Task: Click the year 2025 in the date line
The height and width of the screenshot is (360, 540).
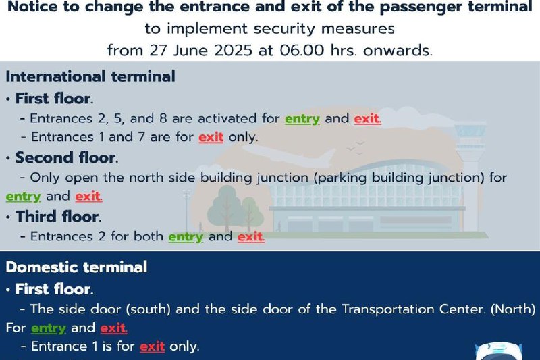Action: point(233,50)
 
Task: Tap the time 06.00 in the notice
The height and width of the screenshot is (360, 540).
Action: point(302,50)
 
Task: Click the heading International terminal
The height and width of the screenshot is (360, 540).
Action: point(90,76)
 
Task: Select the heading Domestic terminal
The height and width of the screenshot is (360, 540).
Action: point(76,267)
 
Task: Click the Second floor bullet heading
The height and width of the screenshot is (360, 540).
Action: point(67,157)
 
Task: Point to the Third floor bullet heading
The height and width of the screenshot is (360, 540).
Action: point(59,216)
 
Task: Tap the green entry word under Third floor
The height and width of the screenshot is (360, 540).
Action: point(186,237)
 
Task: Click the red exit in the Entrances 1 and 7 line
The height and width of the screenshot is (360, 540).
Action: point(211,137)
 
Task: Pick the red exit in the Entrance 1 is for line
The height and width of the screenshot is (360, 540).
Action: point(153,346)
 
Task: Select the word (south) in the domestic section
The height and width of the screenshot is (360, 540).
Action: point(148,309)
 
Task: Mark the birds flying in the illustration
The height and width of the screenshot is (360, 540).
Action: point(356,147)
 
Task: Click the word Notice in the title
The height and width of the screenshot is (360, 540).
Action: point(32,7)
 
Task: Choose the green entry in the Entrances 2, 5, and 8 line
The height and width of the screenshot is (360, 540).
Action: point(302,118)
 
